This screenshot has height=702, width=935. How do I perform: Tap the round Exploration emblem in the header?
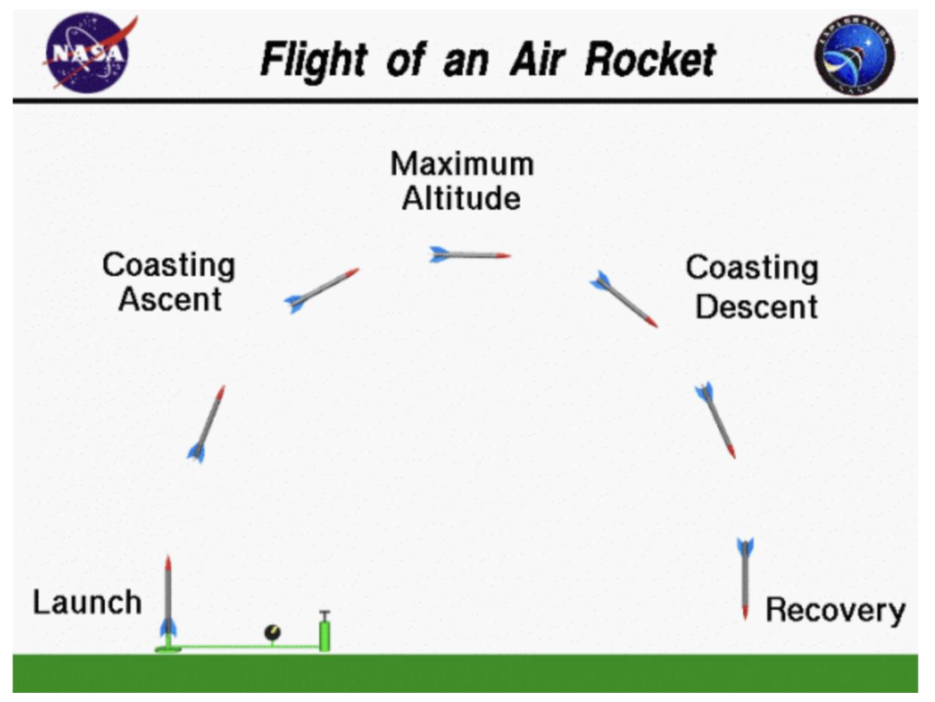click(854, 54)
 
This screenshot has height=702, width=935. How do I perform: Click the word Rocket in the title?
click(650, 60)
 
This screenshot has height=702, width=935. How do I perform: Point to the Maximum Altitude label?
click(461, 181)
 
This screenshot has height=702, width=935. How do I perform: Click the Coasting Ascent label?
click(169, 281)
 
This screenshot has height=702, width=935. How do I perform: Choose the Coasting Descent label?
click(752, 286)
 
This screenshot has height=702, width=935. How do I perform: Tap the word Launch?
click(87, 602)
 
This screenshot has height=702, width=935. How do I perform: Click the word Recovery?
click(835, 611)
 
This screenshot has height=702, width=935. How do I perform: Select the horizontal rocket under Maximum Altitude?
click(469, 255)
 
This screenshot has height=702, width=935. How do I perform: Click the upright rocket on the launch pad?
click(168, 597)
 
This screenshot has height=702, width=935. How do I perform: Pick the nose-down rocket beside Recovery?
click(745, 578)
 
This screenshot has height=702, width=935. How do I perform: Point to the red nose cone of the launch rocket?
click(168, 563)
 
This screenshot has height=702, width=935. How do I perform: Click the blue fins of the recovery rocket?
click(745, 547)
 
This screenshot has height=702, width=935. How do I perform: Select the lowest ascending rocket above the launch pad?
click(207, 423)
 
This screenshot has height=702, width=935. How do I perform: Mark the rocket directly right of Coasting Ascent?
click(321, 289)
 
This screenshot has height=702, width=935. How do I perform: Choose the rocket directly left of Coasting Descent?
click(623, 299)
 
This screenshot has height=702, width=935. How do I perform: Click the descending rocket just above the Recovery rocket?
click(716, 419)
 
